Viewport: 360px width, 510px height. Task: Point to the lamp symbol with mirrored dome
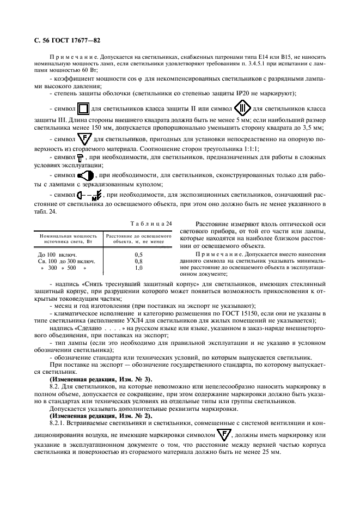[86, 176]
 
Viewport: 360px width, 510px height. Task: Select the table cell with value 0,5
[138, 254]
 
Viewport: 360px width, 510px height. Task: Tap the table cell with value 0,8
[138, 261]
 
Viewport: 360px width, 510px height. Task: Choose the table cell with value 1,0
[138, 268]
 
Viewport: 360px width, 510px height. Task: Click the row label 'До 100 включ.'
[57, 254]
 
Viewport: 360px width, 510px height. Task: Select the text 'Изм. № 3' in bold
[131, 378]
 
